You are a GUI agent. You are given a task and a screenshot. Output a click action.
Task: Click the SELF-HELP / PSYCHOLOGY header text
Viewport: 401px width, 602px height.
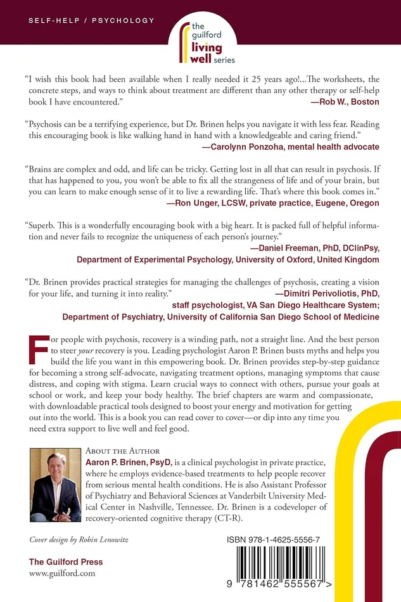coord(91,21)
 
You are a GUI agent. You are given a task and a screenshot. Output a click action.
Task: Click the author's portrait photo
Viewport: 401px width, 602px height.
coord(55,487)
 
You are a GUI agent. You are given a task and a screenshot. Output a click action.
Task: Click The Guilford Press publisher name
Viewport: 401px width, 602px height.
coord(66,562)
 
